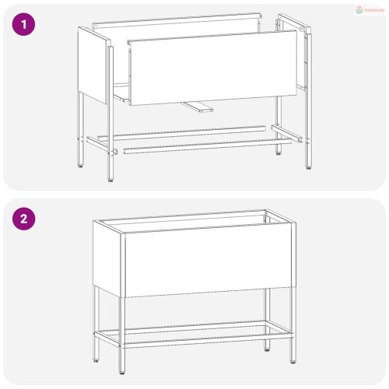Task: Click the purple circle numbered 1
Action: tap(25, 24)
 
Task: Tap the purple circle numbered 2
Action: tap(25, 219)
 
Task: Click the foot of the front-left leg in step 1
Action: tap(110, 178)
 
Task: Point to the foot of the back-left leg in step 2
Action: tap(97, 358)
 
